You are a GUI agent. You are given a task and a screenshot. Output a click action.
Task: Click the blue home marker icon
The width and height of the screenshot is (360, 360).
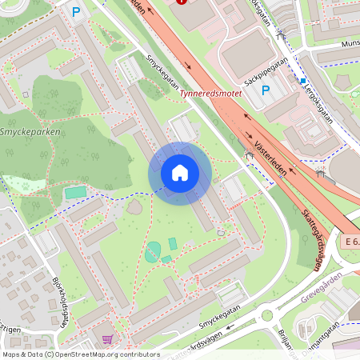179,173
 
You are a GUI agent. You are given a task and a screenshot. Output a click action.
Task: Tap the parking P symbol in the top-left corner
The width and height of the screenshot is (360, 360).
77,12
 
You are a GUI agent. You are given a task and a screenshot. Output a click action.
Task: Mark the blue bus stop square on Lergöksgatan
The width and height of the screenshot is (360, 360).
302,80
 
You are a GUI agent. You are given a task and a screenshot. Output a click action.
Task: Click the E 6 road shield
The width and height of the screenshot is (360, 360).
350,241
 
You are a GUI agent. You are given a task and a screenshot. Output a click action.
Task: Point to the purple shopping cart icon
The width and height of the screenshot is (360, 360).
106,339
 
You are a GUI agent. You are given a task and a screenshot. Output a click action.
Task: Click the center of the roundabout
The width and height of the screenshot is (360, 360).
266,314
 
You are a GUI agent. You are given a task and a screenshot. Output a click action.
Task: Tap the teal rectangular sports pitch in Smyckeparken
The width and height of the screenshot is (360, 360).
75,192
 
